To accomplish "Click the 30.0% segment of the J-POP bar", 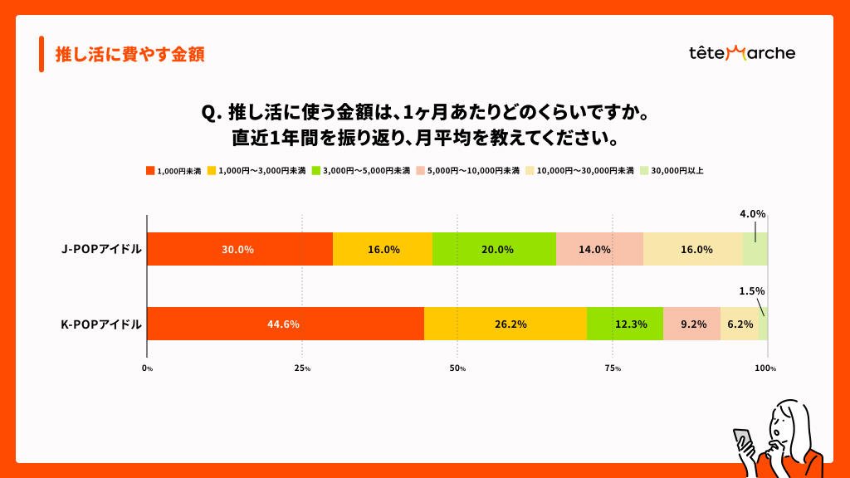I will pos(239,249).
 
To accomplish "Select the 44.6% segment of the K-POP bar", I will pos(285,324).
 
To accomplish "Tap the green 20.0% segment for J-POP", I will pos(494,249).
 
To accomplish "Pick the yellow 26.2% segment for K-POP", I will pos(505,324).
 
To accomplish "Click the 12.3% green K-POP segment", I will pos(624,324).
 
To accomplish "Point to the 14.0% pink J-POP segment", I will pos(599,249).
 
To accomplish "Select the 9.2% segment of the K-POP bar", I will pos(691,324).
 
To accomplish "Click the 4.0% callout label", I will pos(753,214).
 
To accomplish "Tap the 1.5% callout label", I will pos(752,291).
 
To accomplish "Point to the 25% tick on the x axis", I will pos(302,368).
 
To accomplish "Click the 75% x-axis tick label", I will pos(613,368).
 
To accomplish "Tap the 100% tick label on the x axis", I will pos(765,368).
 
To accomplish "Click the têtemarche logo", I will pos(742,53).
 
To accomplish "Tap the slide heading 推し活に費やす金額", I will pos(129,55).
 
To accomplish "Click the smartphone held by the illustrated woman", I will pos(741,440).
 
